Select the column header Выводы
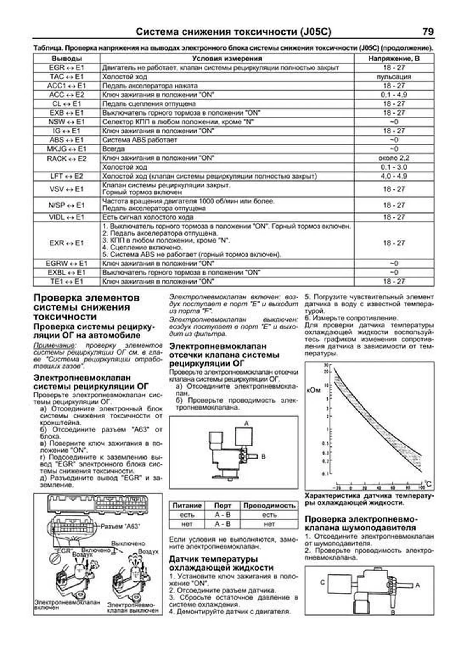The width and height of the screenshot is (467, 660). pyautogui.click(x=67, y=59)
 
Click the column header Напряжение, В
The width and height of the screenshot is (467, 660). pyautogui.click(x=394, y=59)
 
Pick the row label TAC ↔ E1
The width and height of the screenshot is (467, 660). pyautogui.click(x=67, y=77)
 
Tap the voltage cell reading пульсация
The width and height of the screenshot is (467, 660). pyautogui.click(x=394, y=77)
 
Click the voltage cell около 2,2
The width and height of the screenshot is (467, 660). pyautogui.click(x=394, y=158)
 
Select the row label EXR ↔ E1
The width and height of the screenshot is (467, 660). pyautogui.click(x=67, y=243)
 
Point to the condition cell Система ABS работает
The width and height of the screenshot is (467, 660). pyautogui.click(x=140, y=140)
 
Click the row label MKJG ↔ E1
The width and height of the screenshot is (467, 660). pyautogui.click(x=67, y=149)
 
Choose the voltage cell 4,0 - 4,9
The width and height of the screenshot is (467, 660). pyautogui.click(x=394, y=176)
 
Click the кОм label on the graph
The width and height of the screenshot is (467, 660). pyautogui.click(x=314, y=390)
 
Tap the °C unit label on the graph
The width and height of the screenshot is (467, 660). pyautogui.click(x=428, y=484)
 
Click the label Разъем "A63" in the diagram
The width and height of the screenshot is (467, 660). pyautogui.click(x=121, y=527)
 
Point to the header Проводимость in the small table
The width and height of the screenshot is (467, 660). pyautogui.click(x=269, y=506)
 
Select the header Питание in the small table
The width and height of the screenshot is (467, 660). pyautogui.click(x=187, y=506)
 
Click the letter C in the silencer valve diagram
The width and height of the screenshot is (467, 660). pyautogui.click(x=322, y=583)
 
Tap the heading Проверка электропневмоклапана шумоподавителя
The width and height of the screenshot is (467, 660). pyautogui.click(x=360, y=523)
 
